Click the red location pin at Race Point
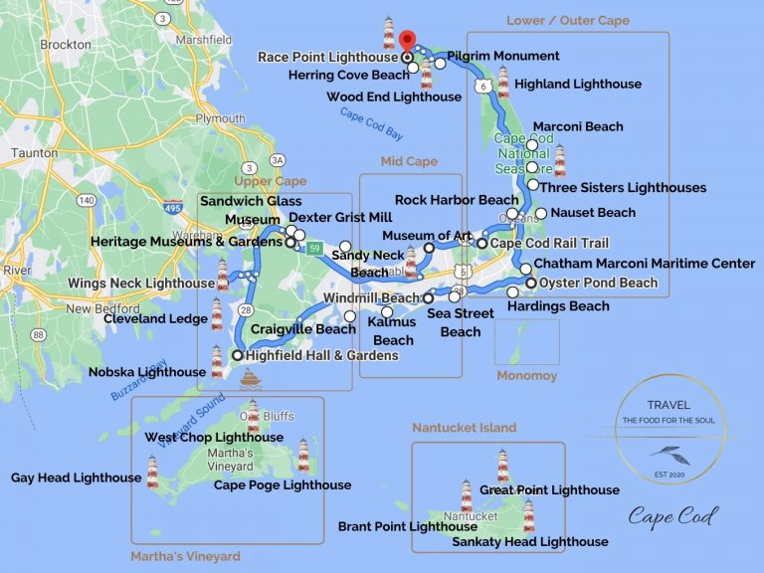(407, 41)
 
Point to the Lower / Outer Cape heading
(567, 20)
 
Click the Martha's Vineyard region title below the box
(185, 556)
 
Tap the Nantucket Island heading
(465, 428)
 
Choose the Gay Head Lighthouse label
(76, 478)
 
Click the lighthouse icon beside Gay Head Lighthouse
(153, 471)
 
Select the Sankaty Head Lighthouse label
(529, 542)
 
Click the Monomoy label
(527, 376)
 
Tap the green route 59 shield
(315, 247)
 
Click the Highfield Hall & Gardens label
(307, 355)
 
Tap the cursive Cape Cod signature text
(672, 516)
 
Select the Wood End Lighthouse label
(394, 96)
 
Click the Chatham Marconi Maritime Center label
(644, 264)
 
